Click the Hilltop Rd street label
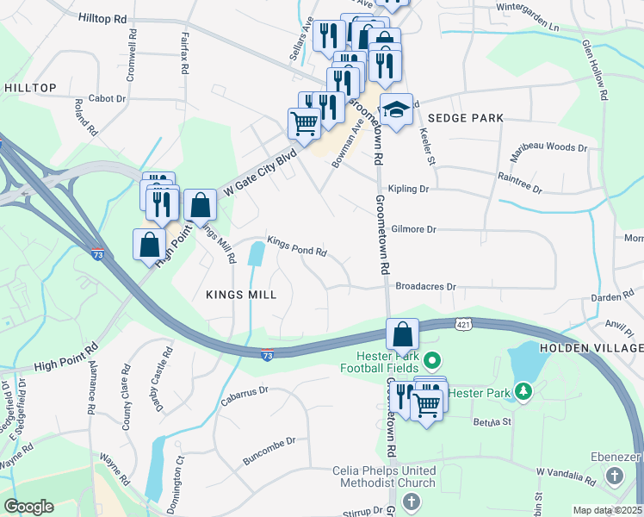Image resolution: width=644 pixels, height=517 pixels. (x=102, y=17)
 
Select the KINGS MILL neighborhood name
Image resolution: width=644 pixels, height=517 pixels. (x=241, y=295)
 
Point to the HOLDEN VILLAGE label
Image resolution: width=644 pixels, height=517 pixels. (x=591, y=347)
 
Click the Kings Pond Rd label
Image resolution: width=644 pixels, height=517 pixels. (x=297, y=252)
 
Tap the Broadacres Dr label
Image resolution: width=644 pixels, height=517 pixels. (x=425, y=286)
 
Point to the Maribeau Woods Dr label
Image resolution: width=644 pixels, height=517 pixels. (x=549, y=148)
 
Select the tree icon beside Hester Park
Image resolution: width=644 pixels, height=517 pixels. (x=522, y=393)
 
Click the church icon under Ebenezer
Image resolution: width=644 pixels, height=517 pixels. (x=614, y=476)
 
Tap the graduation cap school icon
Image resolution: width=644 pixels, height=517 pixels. (x=396, y=109)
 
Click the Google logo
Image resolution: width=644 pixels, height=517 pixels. (x=28, y=506)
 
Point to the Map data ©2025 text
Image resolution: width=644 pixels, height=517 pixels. (x=607, y=510)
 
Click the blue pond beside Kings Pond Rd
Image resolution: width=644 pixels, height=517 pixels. (x=257, y=253)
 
